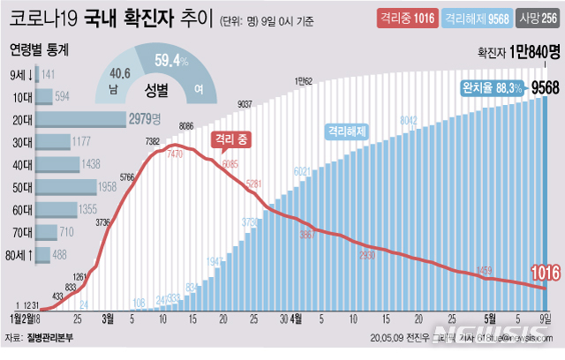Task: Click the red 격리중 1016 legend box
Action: [x=403, y=18]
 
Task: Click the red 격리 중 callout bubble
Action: [x=233, y=139]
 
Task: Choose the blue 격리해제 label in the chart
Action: [x=347, y=131]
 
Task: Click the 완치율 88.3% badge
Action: [x=493, y=87]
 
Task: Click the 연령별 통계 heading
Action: [x=37, y=50]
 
